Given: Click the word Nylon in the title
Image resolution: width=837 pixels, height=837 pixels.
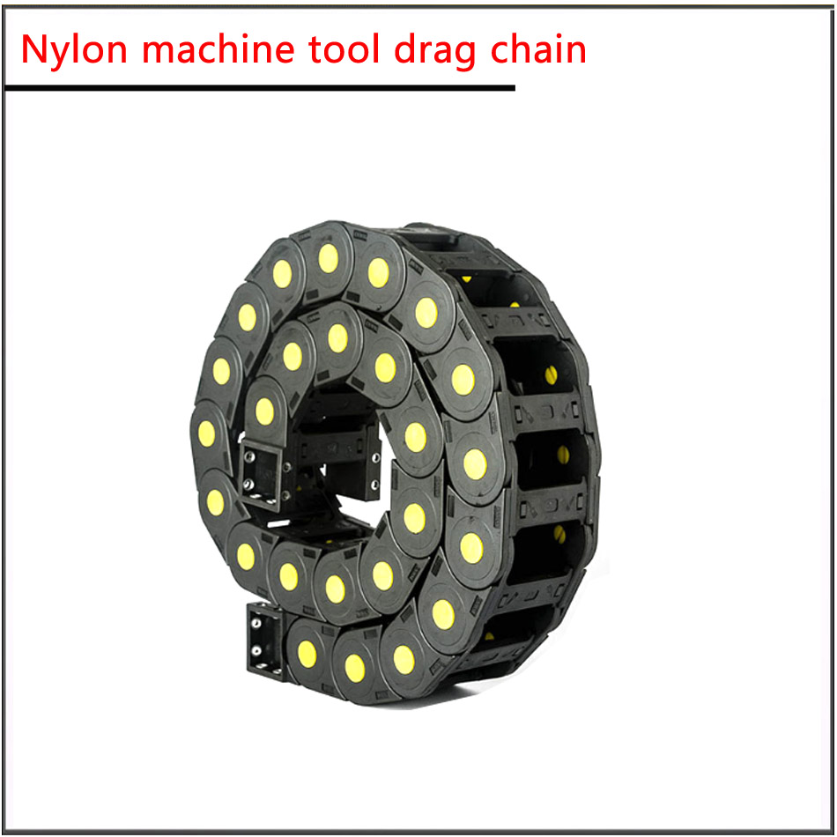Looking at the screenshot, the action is (74, 49).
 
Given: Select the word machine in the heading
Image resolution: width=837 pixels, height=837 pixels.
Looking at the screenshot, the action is (219, 48).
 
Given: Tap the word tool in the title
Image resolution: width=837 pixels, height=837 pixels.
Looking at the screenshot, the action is (344, 48).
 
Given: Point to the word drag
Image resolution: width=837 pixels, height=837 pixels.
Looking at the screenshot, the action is (434, 51).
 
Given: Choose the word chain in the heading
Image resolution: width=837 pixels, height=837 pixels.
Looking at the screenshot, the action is (538, 48).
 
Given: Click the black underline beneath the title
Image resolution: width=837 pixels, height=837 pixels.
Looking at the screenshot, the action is (260, 87).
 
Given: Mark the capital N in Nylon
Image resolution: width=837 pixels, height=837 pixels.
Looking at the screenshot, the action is (36, 49).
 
